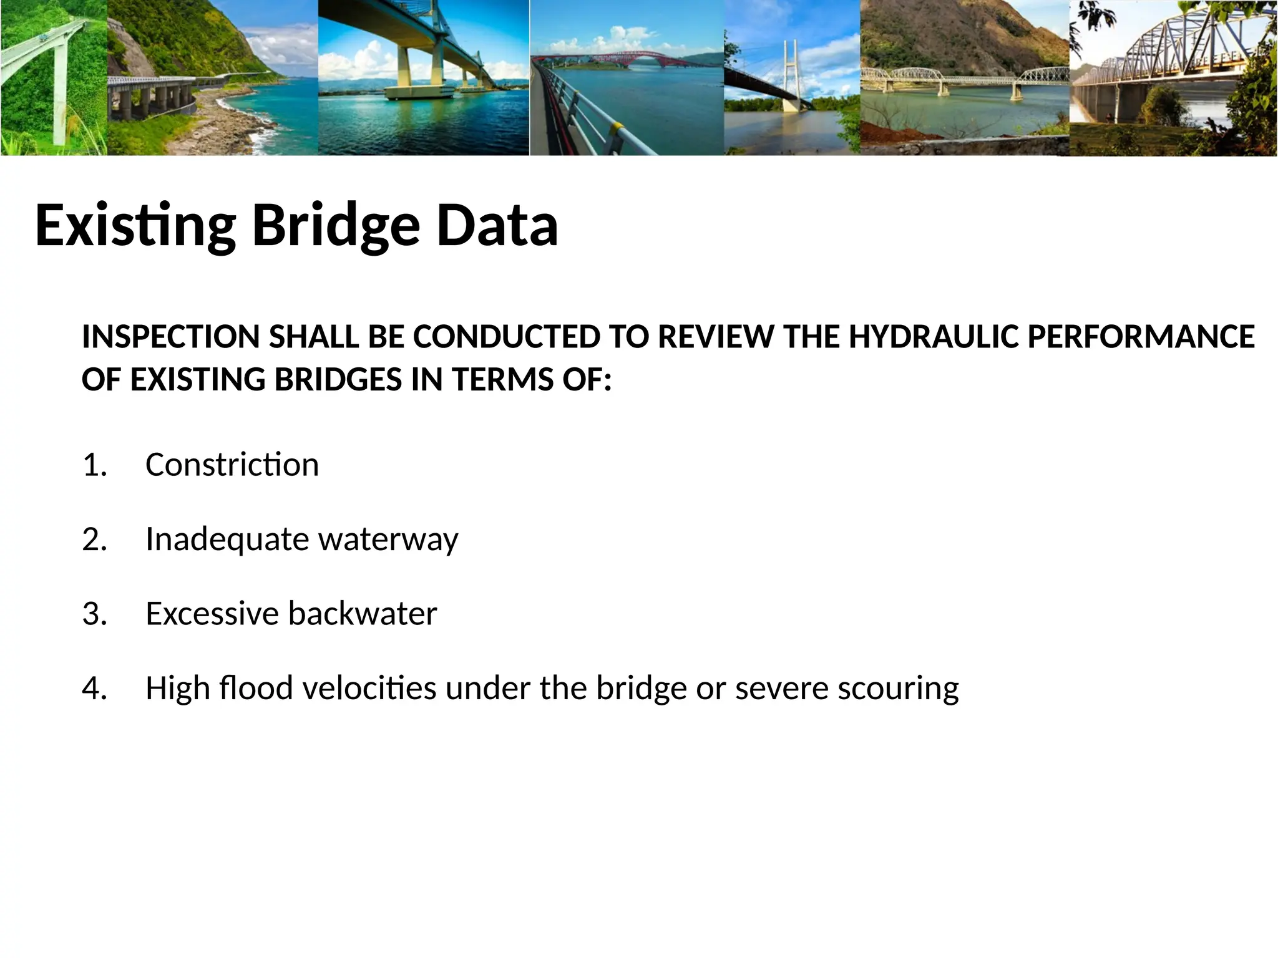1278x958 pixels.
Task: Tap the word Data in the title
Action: [497, 226]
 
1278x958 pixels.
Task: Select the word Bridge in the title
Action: [336, 226]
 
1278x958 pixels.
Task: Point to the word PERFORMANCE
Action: [1141, 337]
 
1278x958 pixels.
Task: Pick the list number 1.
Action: [94, 465]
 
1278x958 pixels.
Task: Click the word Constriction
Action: [232, 465]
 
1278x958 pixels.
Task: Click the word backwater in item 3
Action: [362, 614]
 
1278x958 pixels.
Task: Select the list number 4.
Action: [94, 689]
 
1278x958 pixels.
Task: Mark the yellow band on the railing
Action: [618, 130]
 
